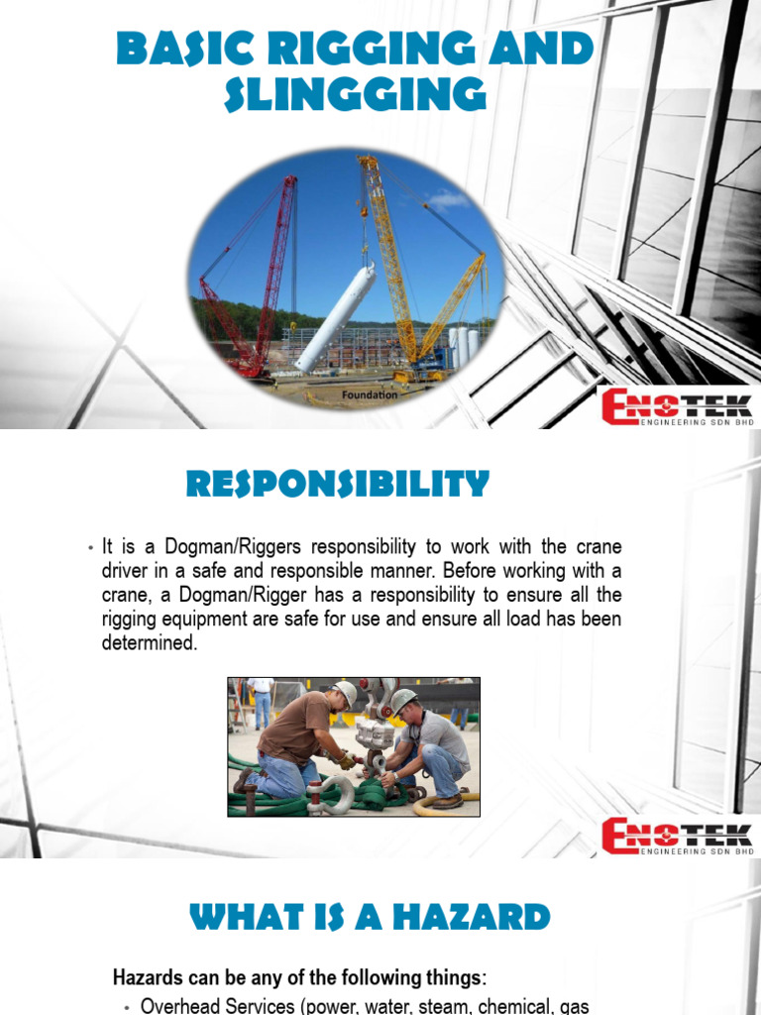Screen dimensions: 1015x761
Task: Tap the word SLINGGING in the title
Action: point(356,96)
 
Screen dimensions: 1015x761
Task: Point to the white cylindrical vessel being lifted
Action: point(336,316)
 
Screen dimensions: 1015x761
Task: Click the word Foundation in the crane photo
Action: point(370,395)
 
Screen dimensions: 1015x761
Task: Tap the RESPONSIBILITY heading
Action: point(338,486)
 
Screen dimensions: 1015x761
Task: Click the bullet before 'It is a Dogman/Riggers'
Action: point(90,548)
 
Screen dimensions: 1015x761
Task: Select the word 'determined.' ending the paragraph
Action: point(150,643)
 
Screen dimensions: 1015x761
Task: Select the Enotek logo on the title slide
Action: point(678,407)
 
